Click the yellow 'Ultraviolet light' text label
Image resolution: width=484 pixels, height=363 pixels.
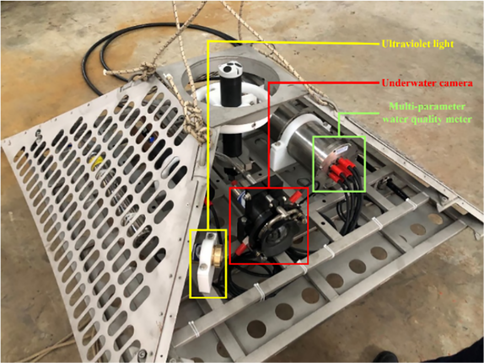pos(418,42)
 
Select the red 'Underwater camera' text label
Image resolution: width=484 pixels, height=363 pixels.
pos(425,83)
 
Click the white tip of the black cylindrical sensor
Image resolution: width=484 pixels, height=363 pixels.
pos(230,69)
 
